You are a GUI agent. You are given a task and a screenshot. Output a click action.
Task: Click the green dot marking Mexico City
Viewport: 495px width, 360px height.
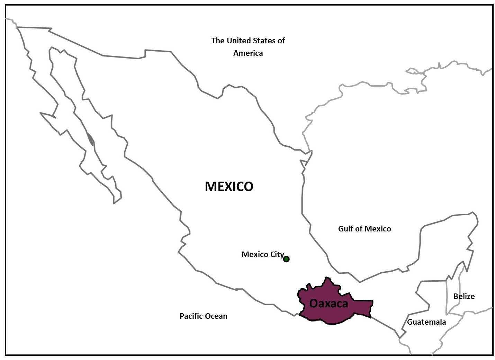click(x=286, y=259)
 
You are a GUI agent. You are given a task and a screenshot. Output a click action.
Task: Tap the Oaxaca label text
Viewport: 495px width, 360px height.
click(x=328, y=304)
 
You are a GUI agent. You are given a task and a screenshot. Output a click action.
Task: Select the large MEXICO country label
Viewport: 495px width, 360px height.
click(x=229, y=186)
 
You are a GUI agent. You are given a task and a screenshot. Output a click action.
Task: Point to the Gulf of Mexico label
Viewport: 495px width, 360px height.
click(x=364, y=229)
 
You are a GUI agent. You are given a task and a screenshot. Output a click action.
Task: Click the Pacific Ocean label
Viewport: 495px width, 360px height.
click(x=203, y=316)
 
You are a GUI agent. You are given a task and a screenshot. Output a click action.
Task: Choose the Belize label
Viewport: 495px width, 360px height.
click(x=464, y=296)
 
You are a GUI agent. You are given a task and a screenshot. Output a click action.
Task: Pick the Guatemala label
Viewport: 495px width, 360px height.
click(x=426, y=322)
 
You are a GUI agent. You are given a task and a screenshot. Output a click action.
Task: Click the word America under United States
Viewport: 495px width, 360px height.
click(x=248, y=53)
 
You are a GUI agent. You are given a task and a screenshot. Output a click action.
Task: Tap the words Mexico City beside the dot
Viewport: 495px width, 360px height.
click(x=262, y=254)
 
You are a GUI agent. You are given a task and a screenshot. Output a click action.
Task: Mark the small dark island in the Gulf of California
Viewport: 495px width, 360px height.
click(x=90, y=139)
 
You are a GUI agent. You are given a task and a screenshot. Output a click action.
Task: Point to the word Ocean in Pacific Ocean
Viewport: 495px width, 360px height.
click(x=216, y=316)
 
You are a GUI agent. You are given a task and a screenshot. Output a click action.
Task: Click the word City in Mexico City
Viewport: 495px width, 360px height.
click(x=277, y=255)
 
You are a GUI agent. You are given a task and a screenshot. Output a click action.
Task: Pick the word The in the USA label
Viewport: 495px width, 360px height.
click(x=218, y=41)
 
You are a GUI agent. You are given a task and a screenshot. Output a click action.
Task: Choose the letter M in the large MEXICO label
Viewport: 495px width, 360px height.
click(x=211, y=186)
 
